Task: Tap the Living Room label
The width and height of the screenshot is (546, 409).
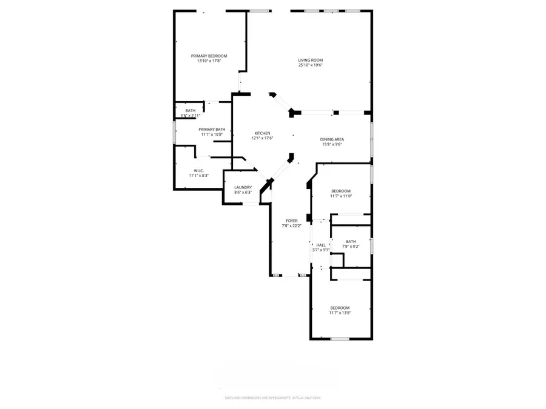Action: (310, 60)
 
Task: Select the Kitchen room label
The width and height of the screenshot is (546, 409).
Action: (263, 133)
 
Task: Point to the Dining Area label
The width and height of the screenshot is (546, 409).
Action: (332, 139)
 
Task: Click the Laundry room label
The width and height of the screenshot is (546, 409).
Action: (243, 187)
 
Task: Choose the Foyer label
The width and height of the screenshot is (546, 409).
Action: (292, 221)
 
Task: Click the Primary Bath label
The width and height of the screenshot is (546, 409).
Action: (212, 129)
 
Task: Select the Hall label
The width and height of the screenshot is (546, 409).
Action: (321, 245)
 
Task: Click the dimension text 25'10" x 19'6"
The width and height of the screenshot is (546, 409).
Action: (310, 65)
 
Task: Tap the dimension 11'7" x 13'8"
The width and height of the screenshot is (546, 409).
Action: (340, 313)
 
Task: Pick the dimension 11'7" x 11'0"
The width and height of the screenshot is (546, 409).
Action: (340, 196)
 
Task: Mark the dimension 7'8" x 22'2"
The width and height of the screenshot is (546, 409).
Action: (292, 226)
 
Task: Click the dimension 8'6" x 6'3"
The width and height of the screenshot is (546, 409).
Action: (243, 192)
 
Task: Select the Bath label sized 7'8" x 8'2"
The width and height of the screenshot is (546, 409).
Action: (351, 241)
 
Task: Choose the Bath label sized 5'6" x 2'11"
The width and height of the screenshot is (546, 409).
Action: (190, 110)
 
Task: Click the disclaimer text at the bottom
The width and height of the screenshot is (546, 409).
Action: (273, 397)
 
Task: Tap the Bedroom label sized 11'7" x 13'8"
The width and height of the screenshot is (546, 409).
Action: (340, 308)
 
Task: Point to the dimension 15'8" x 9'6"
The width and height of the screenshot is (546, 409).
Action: (332, 144)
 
